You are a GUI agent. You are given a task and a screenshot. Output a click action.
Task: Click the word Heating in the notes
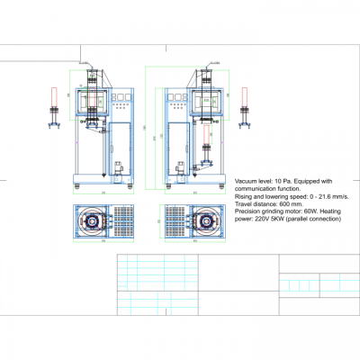319,211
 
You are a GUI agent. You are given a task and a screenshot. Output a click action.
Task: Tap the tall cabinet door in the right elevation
178,148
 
